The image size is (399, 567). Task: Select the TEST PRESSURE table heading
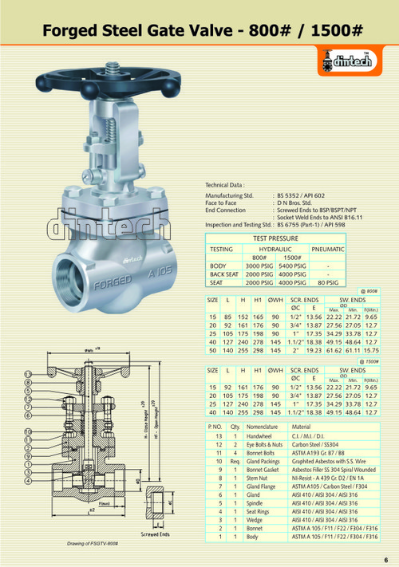tap(276, 238)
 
